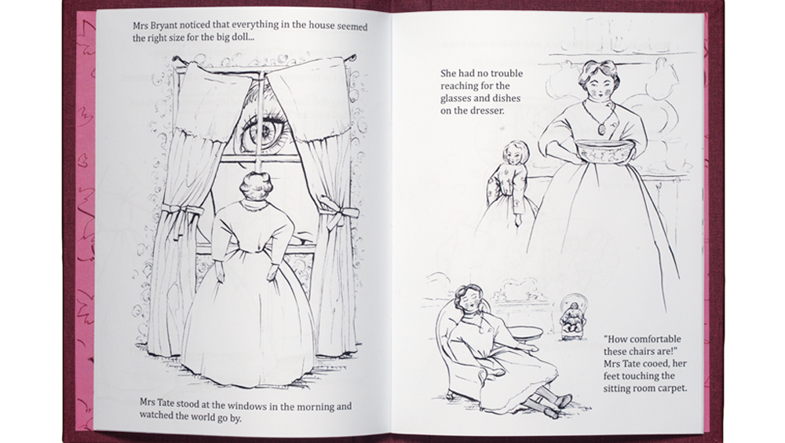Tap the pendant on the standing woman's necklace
tap(602, 128)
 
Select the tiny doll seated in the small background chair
tap(571, 319)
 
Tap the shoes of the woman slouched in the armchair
tap(557, 405)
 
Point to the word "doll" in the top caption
tap(239, 38)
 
